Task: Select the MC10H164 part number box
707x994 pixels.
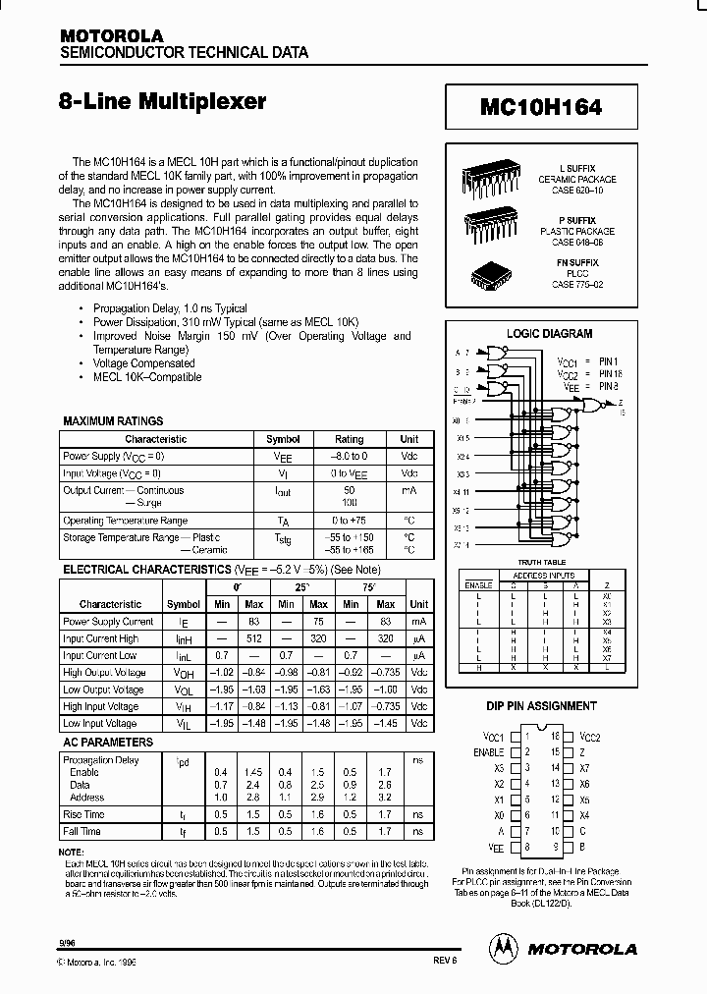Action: coord(541,105)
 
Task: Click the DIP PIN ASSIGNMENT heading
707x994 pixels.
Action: coord(541,706)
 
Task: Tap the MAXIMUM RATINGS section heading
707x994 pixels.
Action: coord(113,420)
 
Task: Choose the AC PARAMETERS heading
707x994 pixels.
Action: coord(107,742)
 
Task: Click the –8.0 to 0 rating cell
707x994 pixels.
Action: coord(349,457)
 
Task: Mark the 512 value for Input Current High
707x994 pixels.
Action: coord(253,638)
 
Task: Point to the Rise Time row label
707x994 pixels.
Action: coord(83,814)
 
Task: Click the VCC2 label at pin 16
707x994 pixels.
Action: coord(589,736)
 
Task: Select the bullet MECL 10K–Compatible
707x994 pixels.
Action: coord(147,377)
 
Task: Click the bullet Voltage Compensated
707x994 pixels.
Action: coord(143,363)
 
